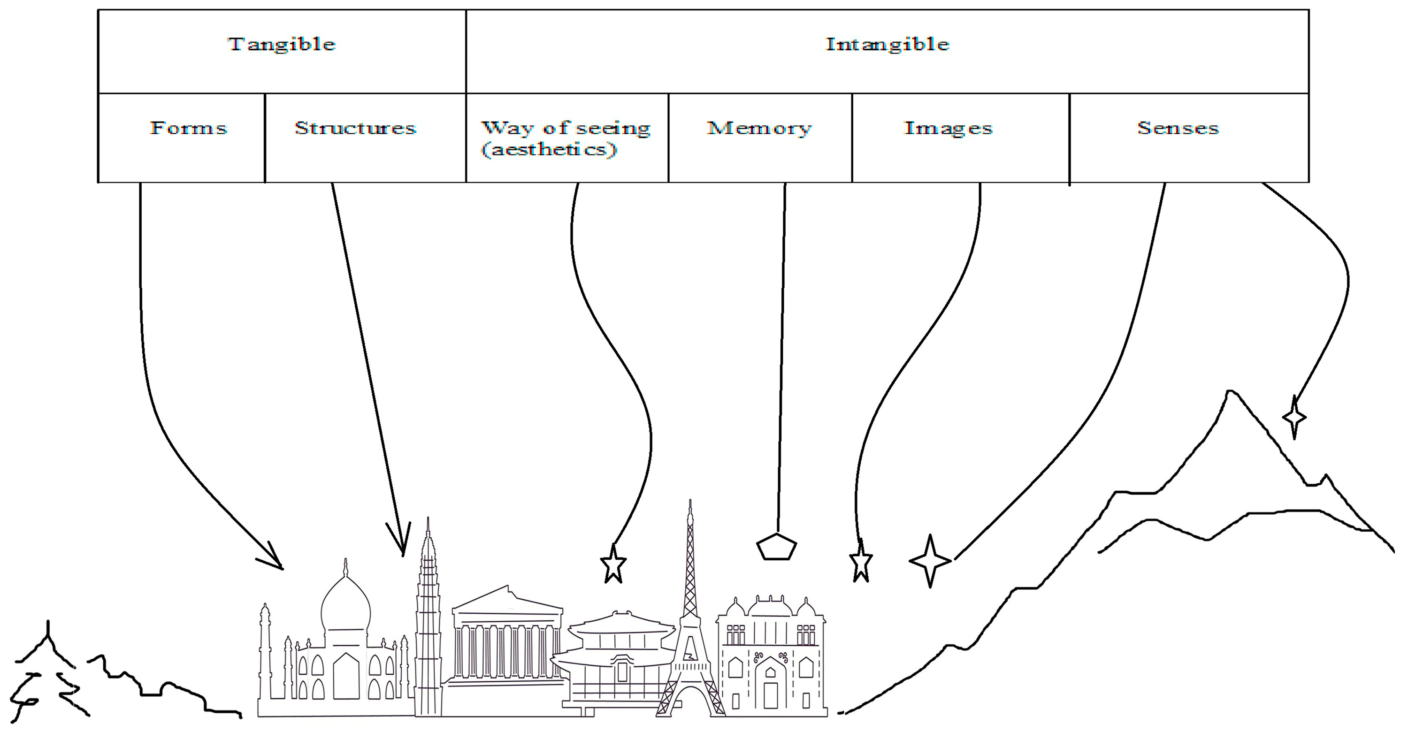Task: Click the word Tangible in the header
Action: click(x=282, y=44)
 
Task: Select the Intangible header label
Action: click(x=887, y=44)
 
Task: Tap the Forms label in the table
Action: click(x=189, y=128)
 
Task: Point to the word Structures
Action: click(x=355, y=128)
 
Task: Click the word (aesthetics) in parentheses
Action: click(x=549, y=149)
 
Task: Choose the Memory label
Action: click(x=759, y=128)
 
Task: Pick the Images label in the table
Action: click(x=949, y=128)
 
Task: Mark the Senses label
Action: click(x=1178, y=128)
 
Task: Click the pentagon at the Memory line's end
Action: click(x=776, y=546)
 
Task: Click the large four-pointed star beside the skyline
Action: click(x=930, y=561)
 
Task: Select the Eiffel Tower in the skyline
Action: click(x=690, y=628)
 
